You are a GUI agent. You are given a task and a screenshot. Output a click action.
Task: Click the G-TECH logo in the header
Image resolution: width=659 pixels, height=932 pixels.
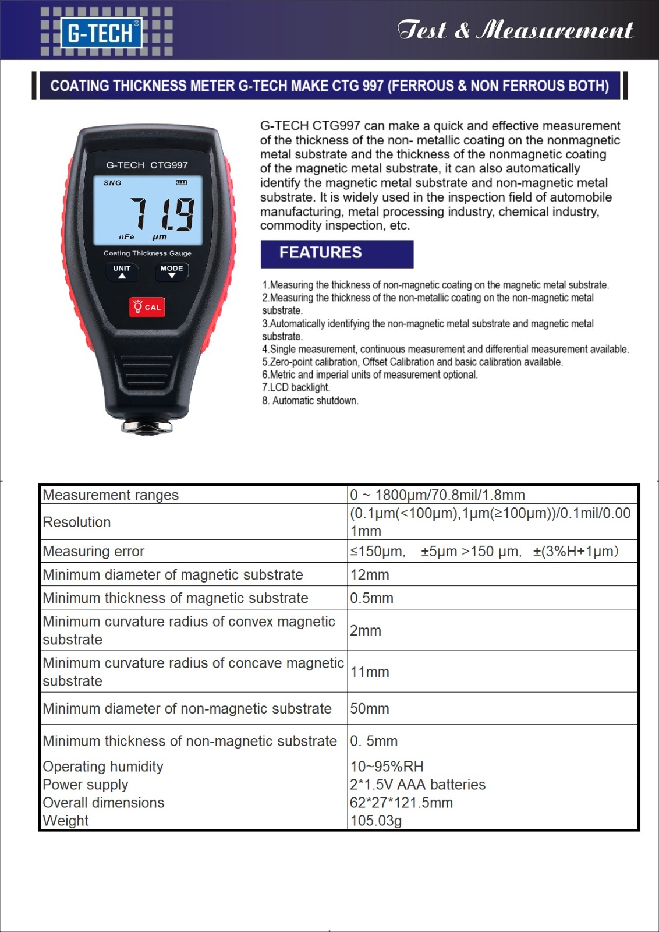click(x=101, y=33)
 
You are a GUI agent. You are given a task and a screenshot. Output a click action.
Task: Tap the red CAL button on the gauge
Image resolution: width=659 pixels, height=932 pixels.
click(x=147, y=307)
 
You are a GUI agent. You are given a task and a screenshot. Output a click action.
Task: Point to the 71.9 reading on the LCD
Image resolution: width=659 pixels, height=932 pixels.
click(x=161, y=214)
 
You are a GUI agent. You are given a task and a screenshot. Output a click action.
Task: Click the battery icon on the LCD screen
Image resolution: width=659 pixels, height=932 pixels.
click(x=182, y=183)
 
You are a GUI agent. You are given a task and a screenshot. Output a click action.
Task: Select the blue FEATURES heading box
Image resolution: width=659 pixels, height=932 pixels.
click(x=336, y=253)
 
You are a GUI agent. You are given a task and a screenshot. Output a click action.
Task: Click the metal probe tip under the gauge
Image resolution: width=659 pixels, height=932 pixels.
click(x=147, y=428)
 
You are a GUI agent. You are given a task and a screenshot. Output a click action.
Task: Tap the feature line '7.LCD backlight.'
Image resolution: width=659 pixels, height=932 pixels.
click(x=296, y=387)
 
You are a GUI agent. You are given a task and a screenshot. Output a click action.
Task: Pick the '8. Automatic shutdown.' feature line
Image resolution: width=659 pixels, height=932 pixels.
click(x=310, y=400)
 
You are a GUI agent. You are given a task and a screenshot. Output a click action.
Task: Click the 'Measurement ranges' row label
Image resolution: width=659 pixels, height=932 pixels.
click(x=111, y=495)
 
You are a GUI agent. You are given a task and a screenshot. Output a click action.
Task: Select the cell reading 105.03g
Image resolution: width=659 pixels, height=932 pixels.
click(x=375, y=821)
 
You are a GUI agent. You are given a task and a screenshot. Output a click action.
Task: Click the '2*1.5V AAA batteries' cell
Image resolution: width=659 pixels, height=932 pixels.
click(x=417, y=785)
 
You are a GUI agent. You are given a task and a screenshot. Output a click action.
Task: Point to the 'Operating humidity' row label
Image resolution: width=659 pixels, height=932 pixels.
click(x=103, y=767)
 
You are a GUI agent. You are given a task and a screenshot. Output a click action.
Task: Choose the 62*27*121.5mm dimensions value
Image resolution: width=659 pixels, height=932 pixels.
click(x=401, y=803)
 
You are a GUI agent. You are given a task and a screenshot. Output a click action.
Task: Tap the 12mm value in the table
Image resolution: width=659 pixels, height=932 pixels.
click(x=370, y=575)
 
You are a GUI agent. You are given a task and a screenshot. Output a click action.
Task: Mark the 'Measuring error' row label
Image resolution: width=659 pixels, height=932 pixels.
click(x=94, y=552)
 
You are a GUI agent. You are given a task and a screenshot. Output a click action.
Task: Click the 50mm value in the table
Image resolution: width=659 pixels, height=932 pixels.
click(x=370, y=709)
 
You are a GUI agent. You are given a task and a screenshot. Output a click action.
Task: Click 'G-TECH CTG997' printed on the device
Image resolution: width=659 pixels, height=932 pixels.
click(x=147, y=165)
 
